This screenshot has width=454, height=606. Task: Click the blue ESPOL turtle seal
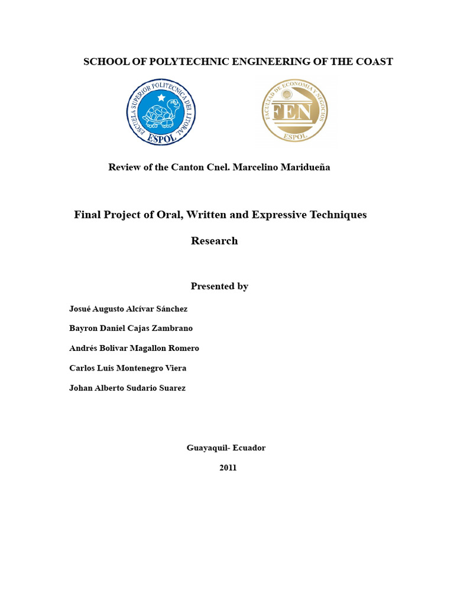tap(161, 112)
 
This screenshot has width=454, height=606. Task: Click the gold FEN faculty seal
tap(294, 111)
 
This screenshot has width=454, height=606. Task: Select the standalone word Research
tap(214, 240)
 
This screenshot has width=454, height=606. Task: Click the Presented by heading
tap(219, 286)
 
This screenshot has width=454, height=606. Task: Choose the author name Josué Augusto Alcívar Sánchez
tap(128, 308)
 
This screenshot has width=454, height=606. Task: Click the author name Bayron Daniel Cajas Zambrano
tap(131, 328)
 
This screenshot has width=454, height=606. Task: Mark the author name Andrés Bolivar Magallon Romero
tap(134, 348)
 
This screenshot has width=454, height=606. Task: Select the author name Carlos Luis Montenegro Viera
tap(128, 368)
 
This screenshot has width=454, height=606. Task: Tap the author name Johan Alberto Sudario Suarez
tap(127, 388)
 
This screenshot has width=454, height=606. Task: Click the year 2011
tap(228, 467)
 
